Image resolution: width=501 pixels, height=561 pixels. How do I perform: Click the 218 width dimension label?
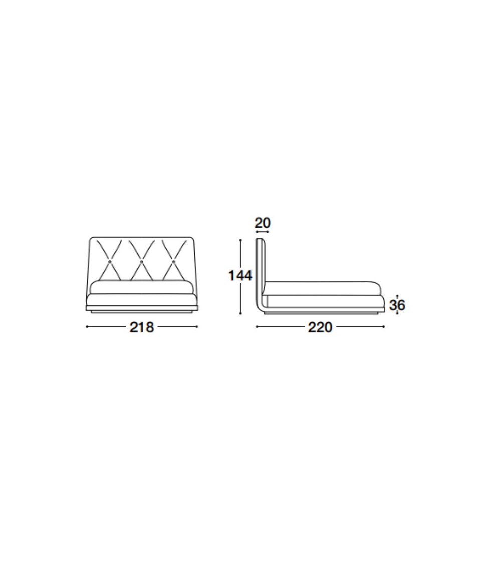coord(142,327)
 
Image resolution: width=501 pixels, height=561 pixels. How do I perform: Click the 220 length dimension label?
coord(320,327)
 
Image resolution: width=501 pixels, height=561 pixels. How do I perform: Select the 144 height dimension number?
coord(240,276)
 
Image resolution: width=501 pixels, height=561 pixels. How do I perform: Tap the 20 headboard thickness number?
coord(263,223)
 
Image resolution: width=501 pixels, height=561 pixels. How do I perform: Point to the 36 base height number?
coord(397,305)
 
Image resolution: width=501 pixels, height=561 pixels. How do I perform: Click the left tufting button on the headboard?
coord(110,262)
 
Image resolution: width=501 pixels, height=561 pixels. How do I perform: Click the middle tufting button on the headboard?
coord(142,262)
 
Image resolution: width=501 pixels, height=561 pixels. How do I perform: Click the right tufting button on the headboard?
coord(174,262)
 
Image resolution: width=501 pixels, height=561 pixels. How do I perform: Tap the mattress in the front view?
coord(142,287)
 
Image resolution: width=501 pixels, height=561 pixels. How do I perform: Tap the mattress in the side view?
coord(322,288)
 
